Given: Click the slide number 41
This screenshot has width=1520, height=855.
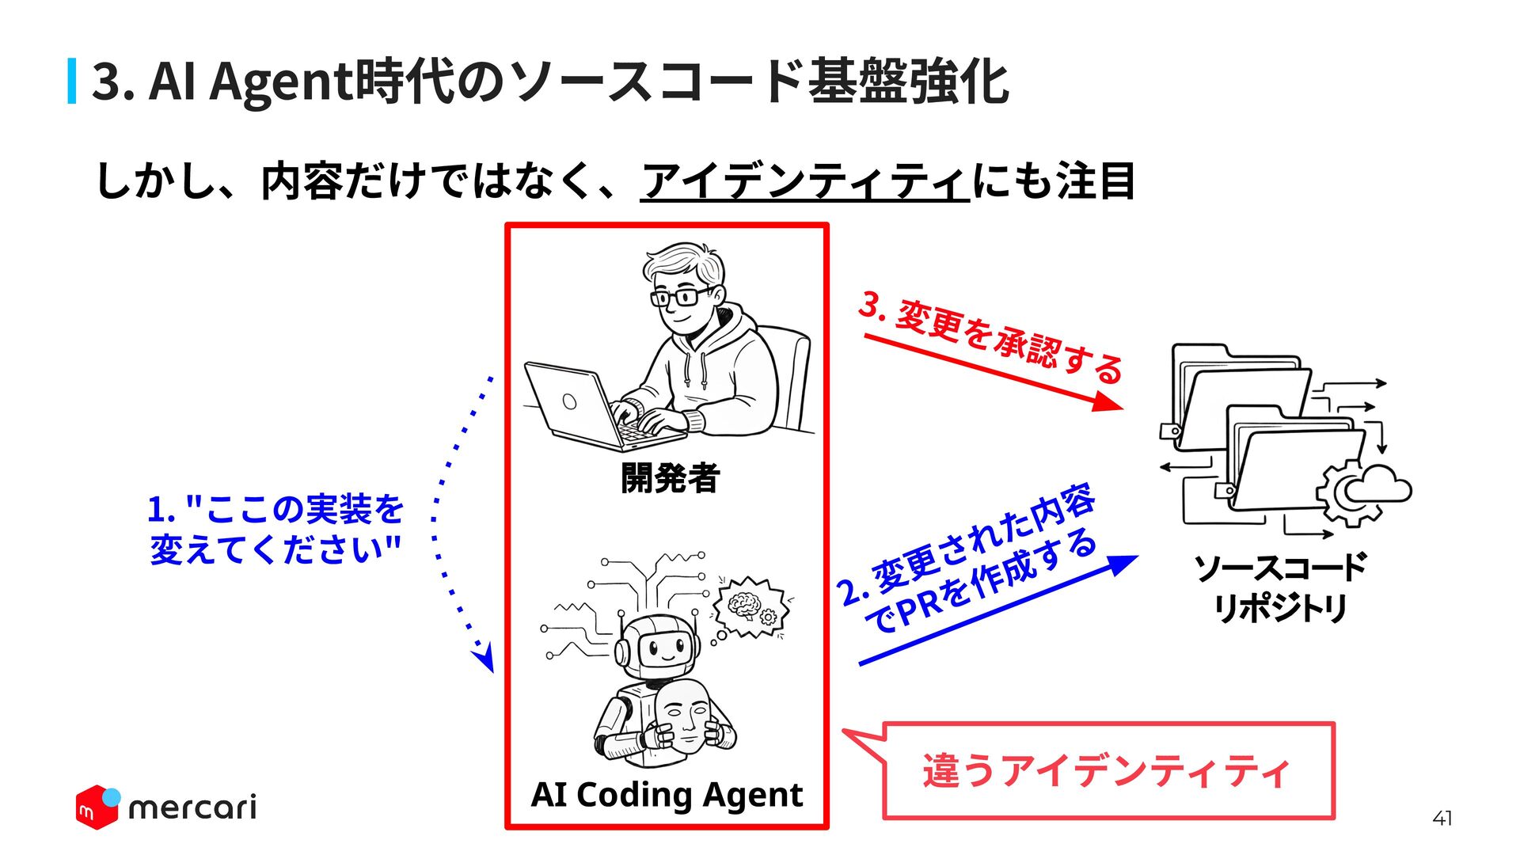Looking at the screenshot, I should click(1442, 819).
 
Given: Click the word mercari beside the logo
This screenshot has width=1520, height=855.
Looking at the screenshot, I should click(192, 807).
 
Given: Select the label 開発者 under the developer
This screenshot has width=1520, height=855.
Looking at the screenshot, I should click(670, 478).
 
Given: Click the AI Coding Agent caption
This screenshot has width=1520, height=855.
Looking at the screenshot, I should click(667, 794).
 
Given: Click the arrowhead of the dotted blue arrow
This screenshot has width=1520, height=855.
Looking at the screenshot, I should click(484, 656).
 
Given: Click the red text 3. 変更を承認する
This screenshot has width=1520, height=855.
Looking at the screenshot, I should click(990, 337).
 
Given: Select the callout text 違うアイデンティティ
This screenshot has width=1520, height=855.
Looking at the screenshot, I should click(1106, 770).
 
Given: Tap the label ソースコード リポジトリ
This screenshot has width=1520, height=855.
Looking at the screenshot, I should click(1280, 587).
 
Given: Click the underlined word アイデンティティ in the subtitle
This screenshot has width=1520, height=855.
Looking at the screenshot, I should click(804, 181).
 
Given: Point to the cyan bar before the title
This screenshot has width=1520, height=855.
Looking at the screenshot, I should click(72, 81).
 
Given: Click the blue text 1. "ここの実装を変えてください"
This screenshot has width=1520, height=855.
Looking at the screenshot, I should click(275, 529).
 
